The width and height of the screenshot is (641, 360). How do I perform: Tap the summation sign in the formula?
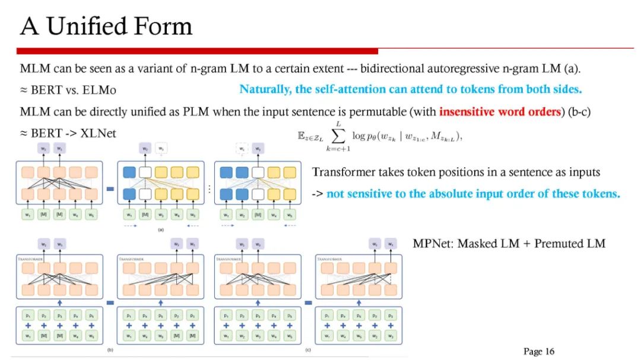pyautogui.click(x=339, y=137)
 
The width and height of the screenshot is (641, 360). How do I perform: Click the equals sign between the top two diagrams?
pyautogui.click(x=110, y=189)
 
